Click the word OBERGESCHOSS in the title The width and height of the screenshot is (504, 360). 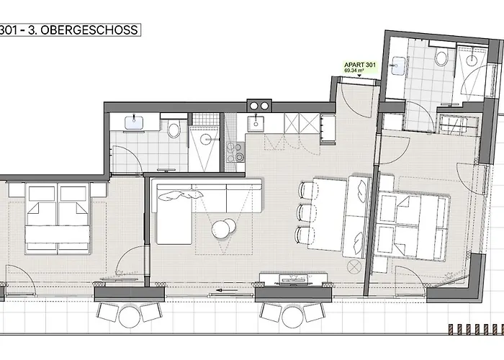click(x=89, y=30)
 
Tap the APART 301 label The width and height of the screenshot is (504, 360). click(x=360, y=65)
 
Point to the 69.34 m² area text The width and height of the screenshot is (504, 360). click(x=354, y=71)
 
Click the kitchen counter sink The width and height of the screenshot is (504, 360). click(x=256, y=124)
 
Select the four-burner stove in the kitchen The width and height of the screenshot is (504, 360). click(x=235, y=152)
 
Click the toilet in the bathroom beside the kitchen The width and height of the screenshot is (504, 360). click(x=174, y=129)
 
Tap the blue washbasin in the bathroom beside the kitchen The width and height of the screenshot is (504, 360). click(x=134, y=123)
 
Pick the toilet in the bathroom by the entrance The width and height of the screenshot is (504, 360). click(x=441, y=58)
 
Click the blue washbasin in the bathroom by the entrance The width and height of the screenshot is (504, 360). click(x=399, y=66)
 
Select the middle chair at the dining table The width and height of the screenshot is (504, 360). click(x=305, y=212)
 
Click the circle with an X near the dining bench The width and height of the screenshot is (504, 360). click(x=354, y=266)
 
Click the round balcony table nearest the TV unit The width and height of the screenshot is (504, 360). click(x=292, y=317)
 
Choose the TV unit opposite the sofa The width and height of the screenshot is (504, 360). click(x=294, y=279)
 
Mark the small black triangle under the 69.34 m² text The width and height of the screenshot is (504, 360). click(x=360, y=76)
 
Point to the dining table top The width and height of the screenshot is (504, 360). click(x=328, y=215)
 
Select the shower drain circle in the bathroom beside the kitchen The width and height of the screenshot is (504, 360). click(x=205, y=139)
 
